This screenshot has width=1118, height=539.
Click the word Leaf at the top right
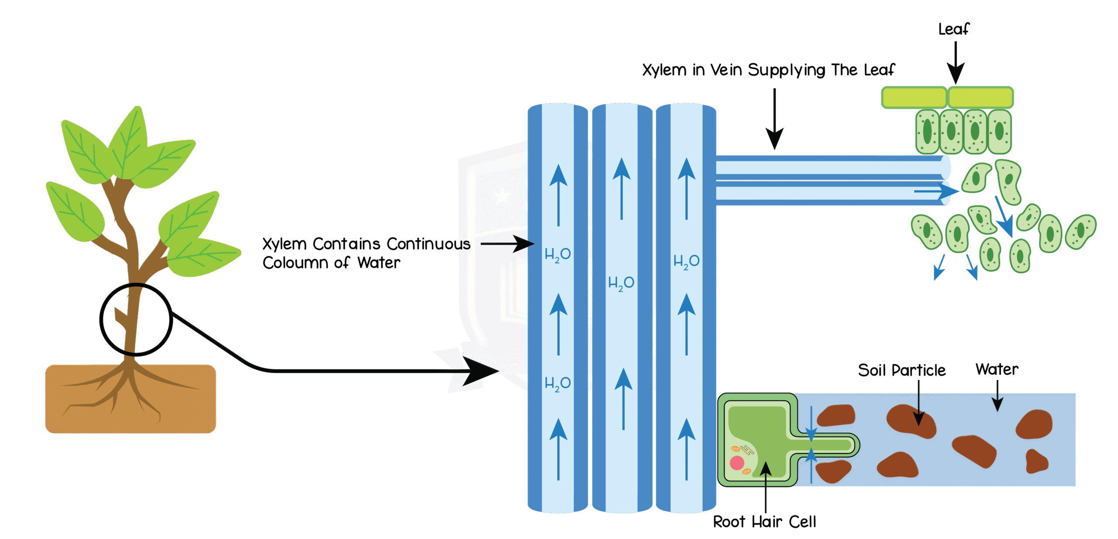pos(953,29)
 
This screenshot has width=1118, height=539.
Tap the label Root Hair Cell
pos(764,522)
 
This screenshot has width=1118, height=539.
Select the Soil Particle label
pos(902,370)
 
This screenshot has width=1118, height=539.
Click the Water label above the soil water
pos(997,369)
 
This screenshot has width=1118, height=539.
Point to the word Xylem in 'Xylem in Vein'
pos(664,70)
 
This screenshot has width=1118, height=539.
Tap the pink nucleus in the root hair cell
pos(737,462)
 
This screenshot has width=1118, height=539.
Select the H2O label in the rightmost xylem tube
pos(687,261)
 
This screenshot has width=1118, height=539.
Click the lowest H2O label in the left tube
pos(558,384)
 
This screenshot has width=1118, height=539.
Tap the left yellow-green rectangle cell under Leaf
pos(914,97)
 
